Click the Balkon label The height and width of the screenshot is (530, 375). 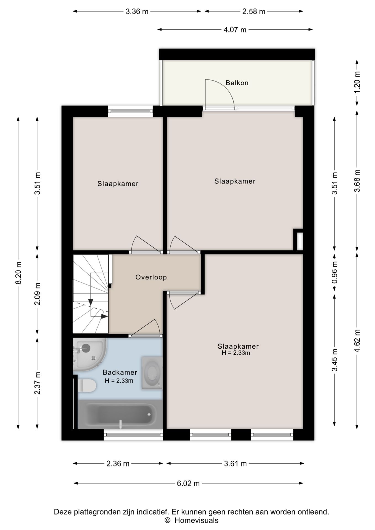(237, 83)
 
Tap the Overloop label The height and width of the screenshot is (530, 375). (151, 277)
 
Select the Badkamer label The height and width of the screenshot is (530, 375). (120, 372)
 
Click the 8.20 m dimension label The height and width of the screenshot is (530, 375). (19, 273)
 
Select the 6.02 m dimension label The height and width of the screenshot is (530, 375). (188, 483)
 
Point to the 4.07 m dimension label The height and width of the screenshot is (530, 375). (235, 30)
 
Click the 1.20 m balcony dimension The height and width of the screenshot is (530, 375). (357, 83)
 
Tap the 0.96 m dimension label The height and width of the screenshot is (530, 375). (335, 272)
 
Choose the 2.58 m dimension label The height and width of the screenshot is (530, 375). (254, 12)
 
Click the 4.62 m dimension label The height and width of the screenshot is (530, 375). (357, 341)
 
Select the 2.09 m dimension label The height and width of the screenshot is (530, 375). (38, 294)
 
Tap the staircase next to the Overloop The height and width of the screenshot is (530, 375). (91, 294)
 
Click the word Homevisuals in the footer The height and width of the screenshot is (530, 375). (196, 520)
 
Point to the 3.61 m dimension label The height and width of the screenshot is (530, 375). (235, 464)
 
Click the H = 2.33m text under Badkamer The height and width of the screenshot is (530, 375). (119, 381)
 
